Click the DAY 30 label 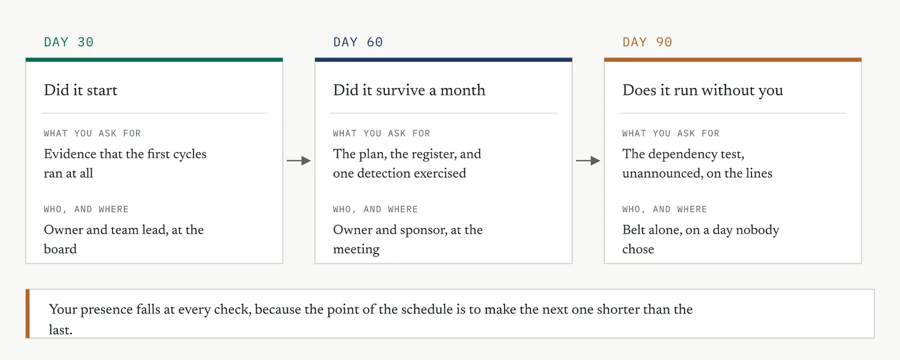[69, 42]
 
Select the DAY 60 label [358, 42]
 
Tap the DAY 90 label [647, 42]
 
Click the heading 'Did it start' [81, 90]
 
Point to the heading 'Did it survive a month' [409, 90]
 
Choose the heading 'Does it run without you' [703, 91]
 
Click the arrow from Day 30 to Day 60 [299, 161]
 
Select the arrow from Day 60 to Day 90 [588, 161]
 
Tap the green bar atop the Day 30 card [154, 60]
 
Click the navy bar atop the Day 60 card [444, 60]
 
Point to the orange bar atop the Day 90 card [733, 60]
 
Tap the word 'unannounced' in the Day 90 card [663, 174]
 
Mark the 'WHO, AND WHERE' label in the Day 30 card [87, 209]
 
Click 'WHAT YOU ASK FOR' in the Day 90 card [671, 133]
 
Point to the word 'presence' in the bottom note [106, 310]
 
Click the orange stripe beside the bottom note [28, 314]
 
